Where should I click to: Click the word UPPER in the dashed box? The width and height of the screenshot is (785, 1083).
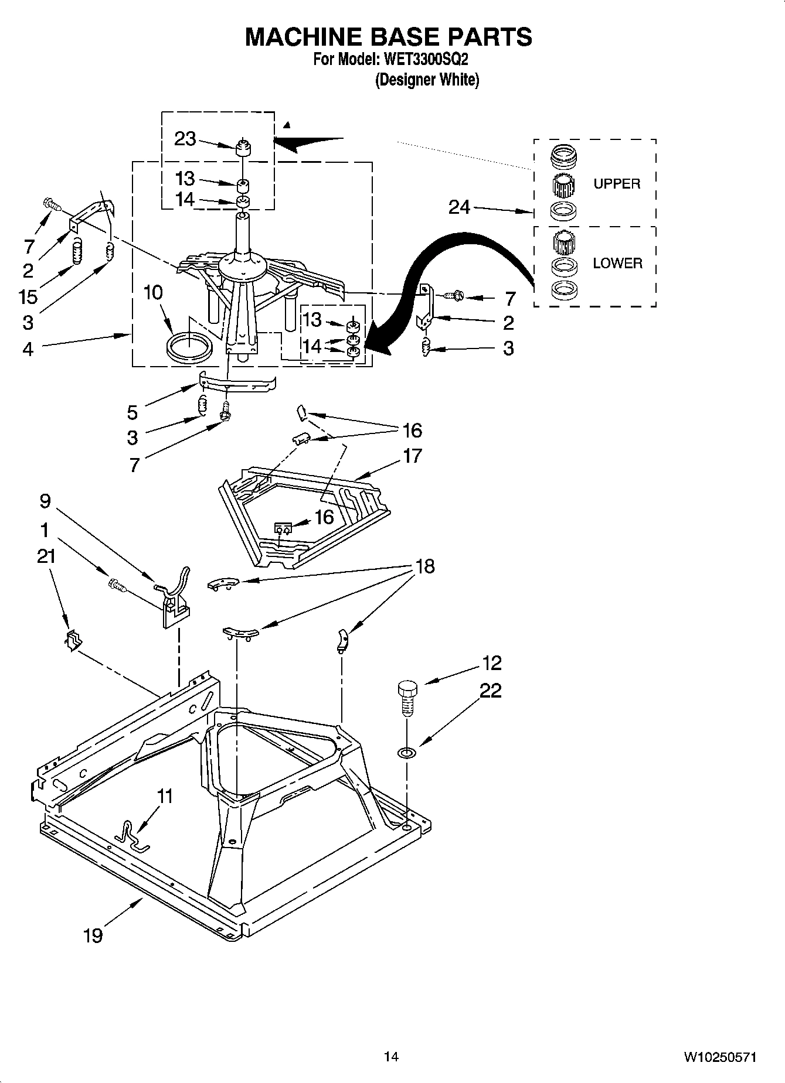click(x=617, y=184)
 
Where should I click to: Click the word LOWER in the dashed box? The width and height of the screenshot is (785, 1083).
click(x=617, y=264)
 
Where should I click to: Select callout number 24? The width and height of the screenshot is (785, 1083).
click(x=459, y=207)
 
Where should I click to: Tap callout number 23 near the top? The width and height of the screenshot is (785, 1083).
click(x=185, y=139)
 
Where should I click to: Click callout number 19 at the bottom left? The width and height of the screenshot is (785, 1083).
click(x=93, y=935)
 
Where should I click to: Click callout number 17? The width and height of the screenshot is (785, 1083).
click(x=412, y=455)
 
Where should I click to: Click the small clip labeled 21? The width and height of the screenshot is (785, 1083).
click(x=72, y=640)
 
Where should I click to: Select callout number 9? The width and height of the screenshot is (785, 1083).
click(x=45, y=501)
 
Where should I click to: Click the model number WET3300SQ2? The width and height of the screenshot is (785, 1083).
click(x=426, y=59)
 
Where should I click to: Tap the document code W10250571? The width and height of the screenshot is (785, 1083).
click(x=719, y=1057)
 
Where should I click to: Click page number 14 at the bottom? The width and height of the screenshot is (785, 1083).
click(x=391, y=1057)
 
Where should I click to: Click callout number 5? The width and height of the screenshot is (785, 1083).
click(x=132, y=412)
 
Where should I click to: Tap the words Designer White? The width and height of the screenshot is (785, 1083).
click(x=427, y=80)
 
